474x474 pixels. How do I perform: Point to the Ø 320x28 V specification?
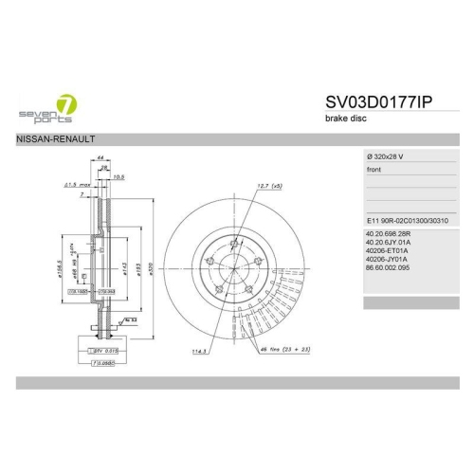[389, 155]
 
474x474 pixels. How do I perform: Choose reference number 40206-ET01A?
[386, 250]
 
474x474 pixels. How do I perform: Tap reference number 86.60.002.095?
[389, 267]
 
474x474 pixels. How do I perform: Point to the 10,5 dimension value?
[119, 176]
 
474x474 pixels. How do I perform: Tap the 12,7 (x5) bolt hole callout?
[270, 187]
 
